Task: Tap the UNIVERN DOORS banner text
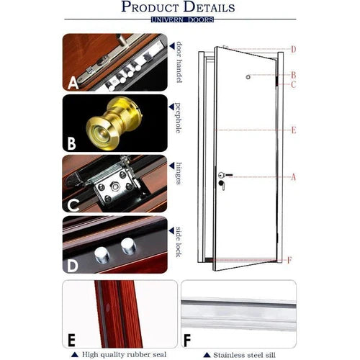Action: (x=182, y=19)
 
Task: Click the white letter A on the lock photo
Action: (x=73, y=84)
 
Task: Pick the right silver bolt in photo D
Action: (x=128, y=248)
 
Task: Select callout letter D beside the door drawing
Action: (x=293, y=49)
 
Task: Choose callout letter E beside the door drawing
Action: (x=293, y=130)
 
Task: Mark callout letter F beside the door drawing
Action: (x=289, y=259)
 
